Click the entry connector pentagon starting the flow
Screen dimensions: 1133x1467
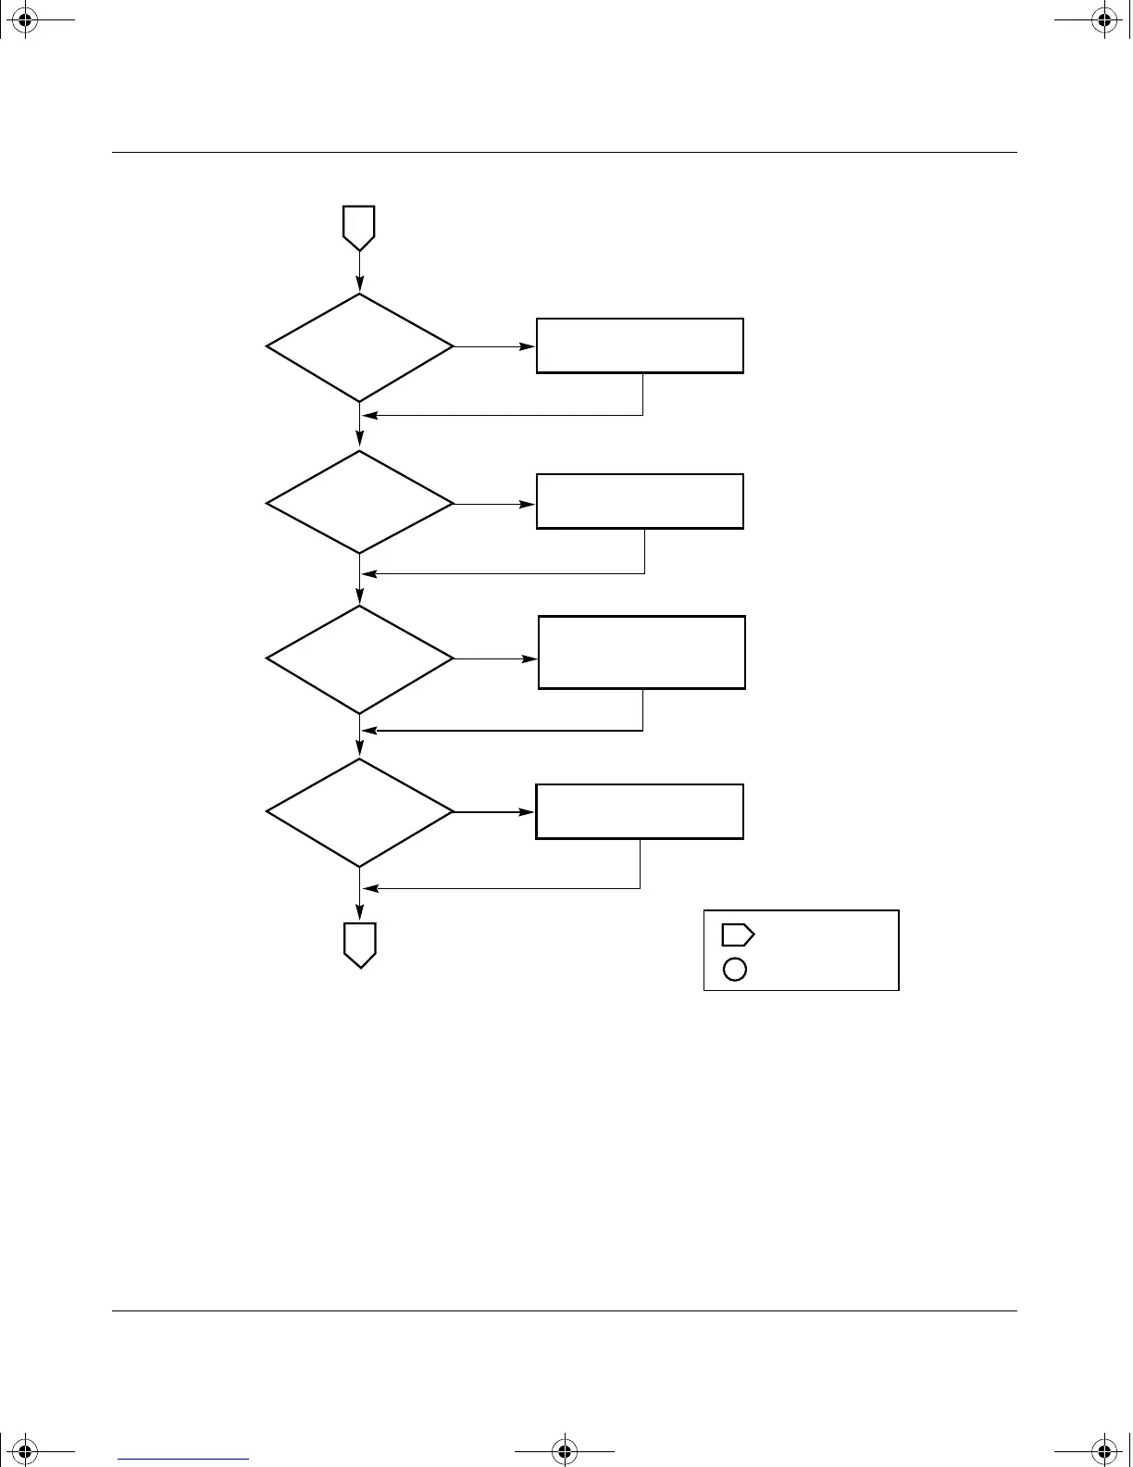[359, 226]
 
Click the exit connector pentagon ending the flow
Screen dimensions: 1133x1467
[359, 944]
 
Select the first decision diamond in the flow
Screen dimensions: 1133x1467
[360, 347]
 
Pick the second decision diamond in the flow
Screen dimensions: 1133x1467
[360, 503]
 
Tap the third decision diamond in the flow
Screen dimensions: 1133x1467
[360, 659]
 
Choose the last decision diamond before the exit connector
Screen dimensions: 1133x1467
[360, 812]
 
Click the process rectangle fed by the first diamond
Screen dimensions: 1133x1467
[640, 345]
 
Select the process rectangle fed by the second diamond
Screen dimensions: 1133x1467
[640, 501]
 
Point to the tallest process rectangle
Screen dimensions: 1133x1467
[641, 652]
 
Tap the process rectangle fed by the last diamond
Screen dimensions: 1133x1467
[640, 811]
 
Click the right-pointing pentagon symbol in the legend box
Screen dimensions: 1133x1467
[737, 934]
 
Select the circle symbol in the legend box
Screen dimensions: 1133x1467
[735, 969]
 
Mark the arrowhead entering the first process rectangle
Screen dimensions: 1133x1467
[529, 347]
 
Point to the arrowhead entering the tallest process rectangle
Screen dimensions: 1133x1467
[531, 659]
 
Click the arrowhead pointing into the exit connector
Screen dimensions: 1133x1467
[359, 914]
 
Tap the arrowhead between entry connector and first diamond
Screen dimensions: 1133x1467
[359, 286]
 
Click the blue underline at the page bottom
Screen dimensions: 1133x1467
[183, 1459]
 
